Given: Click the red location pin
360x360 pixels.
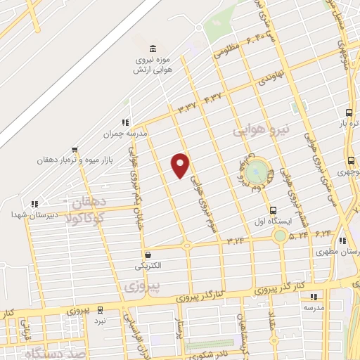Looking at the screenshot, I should point(181,165).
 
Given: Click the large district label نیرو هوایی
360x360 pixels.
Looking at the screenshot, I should point(261,129).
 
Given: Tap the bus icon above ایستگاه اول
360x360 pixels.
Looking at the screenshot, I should point(274,210).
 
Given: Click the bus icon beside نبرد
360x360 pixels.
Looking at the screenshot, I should point(101,309).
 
